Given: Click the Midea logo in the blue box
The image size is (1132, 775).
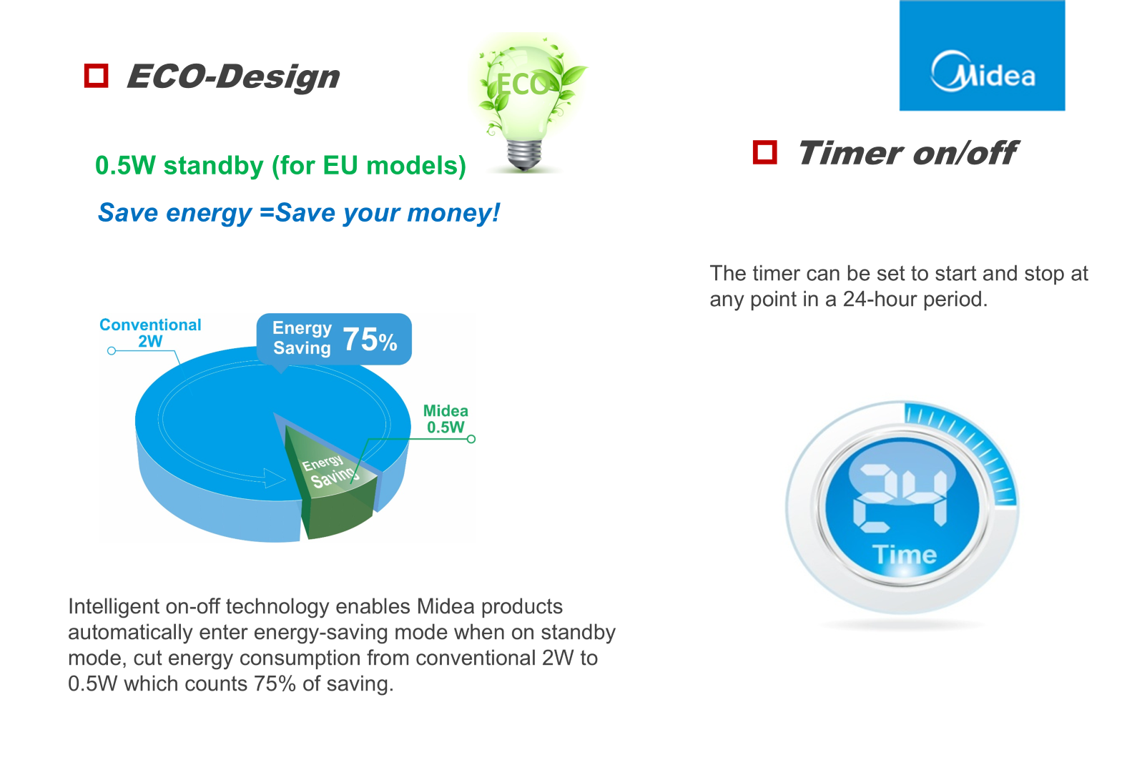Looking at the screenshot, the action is click(983, 71).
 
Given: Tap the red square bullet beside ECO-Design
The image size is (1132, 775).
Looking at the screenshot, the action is click(96, 76).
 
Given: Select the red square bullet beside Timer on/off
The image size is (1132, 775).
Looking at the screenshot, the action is click(764, 152).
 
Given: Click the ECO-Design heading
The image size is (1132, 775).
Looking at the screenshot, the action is click(233, 76).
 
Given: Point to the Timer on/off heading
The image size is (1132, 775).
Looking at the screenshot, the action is click(907, 152).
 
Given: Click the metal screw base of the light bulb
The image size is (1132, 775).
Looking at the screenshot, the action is click(524, 154).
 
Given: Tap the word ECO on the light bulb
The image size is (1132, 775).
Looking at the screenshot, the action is click(523, 84).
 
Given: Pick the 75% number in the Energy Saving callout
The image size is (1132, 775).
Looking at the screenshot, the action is click(370, 339).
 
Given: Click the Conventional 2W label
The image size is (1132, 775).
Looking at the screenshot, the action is click(150, 332).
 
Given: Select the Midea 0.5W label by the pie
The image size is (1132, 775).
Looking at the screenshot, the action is click(446, 419).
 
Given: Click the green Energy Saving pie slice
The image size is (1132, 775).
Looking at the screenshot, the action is click(333, 480).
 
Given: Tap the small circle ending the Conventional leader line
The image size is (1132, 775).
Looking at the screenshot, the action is click(112, 350).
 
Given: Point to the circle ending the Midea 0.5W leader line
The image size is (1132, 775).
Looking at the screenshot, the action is click(471, 439).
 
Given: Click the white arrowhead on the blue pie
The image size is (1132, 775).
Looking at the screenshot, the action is click(275, 478).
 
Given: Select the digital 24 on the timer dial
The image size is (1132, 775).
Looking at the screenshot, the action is click(900, 498).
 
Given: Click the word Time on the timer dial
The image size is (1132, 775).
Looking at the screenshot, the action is click(905, 555).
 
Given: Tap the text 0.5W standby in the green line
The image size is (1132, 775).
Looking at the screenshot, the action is click(179, 166).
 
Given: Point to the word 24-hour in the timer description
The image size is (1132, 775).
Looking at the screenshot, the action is click(881, 299).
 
